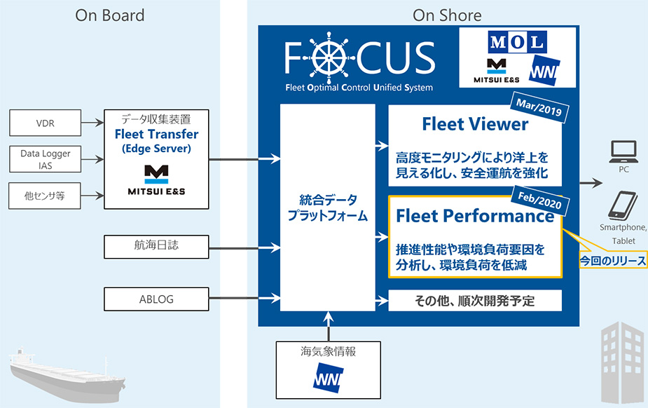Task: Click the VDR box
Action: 45,123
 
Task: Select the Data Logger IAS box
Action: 45,159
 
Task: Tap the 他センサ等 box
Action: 45,196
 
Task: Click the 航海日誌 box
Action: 156,247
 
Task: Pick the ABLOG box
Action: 156,299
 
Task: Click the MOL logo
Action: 517,42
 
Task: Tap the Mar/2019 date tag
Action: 539,107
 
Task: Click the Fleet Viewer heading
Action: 475,124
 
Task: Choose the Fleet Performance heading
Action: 475,216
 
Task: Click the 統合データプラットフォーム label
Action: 328,208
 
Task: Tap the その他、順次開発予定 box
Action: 475,301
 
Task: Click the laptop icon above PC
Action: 623,151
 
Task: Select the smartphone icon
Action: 622,205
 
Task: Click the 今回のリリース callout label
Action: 612,260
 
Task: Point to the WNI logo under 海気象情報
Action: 328,377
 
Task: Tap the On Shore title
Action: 447,15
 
